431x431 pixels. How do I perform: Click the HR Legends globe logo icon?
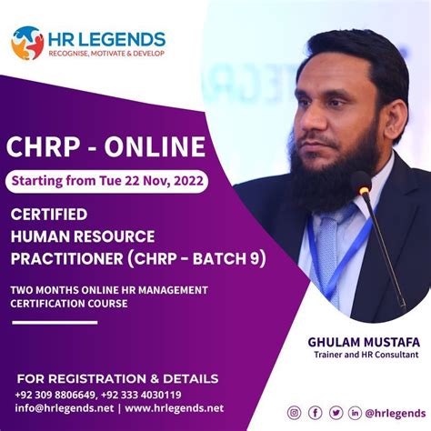click(x=27, y=43)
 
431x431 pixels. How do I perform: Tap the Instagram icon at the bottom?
click(x=294, y=412)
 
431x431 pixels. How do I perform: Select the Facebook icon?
click(x=316, y=412)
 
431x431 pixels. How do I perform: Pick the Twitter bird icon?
click(x=336, y=412)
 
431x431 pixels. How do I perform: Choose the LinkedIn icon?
click(x=355, y=412)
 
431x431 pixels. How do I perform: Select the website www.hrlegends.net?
click(x=174, y=407)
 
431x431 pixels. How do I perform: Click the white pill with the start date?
click(x=108, y=180)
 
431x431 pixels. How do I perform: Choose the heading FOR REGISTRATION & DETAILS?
click(x=117, y=377)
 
